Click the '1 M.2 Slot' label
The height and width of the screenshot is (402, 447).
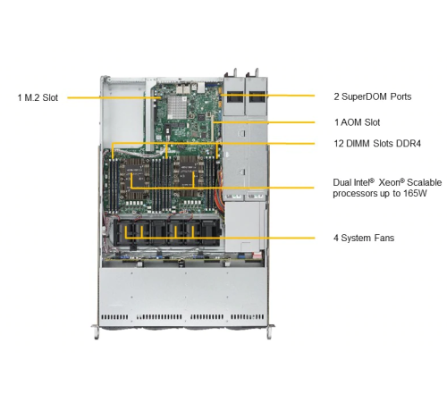pyautogui.click(x=38, y=97)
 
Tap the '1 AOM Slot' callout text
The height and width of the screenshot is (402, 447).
pyautogui.click(x=358, y=122)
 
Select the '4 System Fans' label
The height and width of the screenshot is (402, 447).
pyautogui.click(x=364, y=238)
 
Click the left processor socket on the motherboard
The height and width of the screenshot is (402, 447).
pyautogui.click(x=136, y=180)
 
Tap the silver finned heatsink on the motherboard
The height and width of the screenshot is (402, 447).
pyautogui.click(x=177, y=106)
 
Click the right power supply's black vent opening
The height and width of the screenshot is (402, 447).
pyautogui.click(x=257, y=96)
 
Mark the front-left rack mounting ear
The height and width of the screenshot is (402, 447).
pyautogui.click(x=96, y=331)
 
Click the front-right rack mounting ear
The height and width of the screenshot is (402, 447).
pyautogui.click(x=270, y=331)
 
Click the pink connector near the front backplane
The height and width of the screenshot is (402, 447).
pyautogui.click(x=257, y=255)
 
